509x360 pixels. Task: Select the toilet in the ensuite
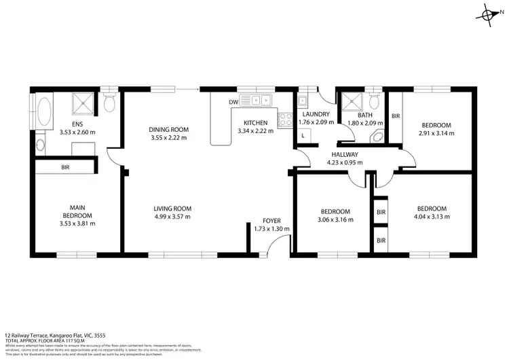pos(109,103)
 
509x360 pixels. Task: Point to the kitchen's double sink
pos(256,102)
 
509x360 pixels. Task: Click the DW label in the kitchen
pos(233,102)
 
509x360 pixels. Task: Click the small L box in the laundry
pos(303,136)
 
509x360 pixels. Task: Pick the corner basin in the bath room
pos(377,136)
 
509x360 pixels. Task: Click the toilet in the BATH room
pos(374,102)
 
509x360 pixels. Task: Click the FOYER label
pos(271,221)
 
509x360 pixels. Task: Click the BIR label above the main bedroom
pos(65,166)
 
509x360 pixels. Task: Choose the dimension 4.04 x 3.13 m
pos(432,217)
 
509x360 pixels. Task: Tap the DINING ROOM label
pos(169,129)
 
